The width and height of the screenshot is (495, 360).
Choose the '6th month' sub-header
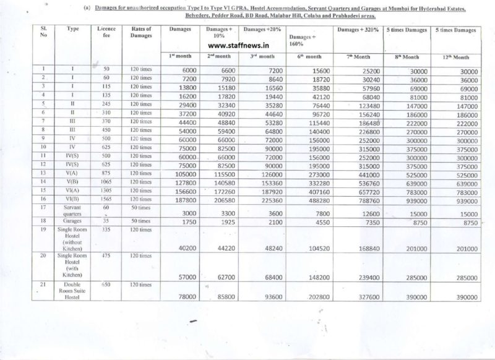304,56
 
